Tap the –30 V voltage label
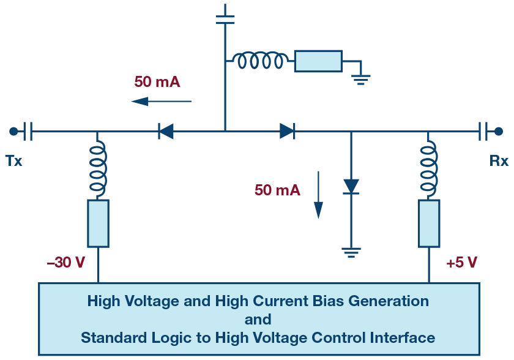tap(65, 262)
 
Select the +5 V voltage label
tap(461, 262)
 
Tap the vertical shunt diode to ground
tap(351, 186)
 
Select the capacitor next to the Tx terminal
tap(29, 130)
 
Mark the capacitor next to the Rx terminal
tap(483, 130)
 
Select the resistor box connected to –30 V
tap(98, 223)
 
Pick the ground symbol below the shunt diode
tap(351, 251)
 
